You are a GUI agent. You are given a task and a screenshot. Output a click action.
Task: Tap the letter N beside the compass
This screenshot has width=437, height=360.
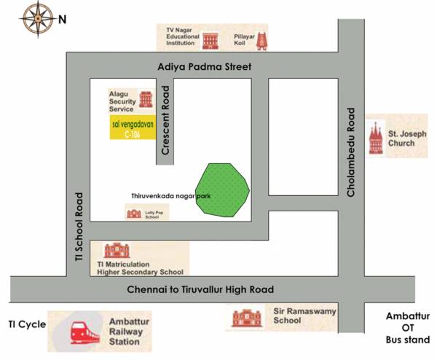click(63, 19)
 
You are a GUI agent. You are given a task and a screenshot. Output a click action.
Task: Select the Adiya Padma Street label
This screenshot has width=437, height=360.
click(205, 67)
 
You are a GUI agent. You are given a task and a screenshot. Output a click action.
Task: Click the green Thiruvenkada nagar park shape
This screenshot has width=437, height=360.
click(223, 190)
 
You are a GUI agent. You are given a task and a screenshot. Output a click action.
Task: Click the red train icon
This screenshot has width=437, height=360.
click(84, 332)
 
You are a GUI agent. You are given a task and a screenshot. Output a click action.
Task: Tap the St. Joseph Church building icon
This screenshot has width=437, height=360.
click(376, 137)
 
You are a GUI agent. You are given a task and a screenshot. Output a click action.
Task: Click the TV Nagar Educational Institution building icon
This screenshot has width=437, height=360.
click(211, 39)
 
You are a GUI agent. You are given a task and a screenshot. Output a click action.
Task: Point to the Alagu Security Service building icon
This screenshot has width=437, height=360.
click(146, 100)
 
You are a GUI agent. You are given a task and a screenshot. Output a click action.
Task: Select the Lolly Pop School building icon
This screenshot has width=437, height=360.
click(133, 214)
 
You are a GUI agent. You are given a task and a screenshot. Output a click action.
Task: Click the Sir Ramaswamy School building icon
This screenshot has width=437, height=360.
click(246, 318)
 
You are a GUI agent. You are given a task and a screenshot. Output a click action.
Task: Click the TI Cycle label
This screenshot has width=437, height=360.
click(27, 324)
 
